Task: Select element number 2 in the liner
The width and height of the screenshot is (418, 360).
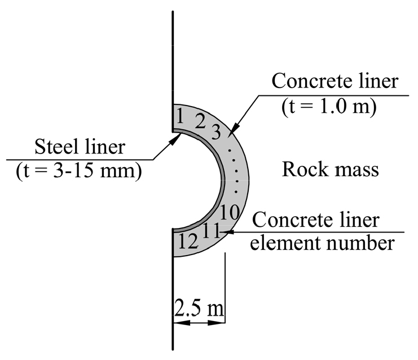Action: pyautogui.click(x=200, y=121)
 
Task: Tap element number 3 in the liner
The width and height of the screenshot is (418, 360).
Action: pyautogui.click(x=216, y=132)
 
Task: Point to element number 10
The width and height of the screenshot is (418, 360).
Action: pyautogui.click(x=230, y=212)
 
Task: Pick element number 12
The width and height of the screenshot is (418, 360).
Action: pyautogui.click(x=188, y=241)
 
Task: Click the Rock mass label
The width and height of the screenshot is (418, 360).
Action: pyautogui.click(x=331, y=169)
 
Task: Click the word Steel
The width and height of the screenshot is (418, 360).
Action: pyautogui.click(x=58, y=146)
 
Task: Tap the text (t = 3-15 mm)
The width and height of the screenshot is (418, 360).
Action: pyautogui.click(x=79, y=171)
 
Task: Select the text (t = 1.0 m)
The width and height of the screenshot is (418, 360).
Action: pyautogui.click(x=329, y=107)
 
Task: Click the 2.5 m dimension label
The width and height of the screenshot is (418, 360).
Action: pyautogui.click(x=199, y=309)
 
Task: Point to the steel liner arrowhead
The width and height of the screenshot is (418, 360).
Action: pyautogui.click(x=175, y=138)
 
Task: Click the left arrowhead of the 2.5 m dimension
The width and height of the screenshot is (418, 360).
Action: pyautogui.click(x=182, y=323)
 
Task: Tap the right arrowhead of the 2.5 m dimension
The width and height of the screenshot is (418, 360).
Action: pyautogui.click(x=216, y=323)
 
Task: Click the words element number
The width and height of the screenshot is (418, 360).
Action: pyautogui.click(x=322, y=243)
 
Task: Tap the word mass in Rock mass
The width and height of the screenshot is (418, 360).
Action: pyautogui.click(x=355, y=170)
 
